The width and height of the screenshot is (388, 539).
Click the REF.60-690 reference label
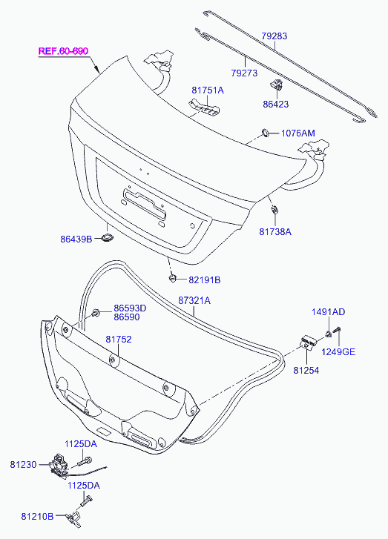pos(63,51)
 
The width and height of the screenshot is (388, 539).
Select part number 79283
pos(274,36)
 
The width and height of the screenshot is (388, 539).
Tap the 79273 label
pos(244,73)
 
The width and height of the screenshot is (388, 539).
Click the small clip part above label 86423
pos(277,84)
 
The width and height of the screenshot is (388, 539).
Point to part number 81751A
pos(208,90)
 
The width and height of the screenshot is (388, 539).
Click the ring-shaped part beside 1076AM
pos(266,133)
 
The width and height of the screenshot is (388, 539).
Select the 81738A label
pos(275,231)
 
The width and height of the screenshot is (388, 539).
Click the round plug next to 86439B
pos(108,237)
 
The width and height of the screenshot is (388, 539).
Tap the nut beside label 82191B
pos(172,278)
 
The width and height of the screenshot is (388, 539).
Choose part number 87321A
pos(194,300)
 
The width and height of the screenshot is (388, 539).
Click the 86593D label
pos(130,308)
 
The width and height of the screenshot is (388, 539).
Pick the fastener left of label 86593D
pos(96,313)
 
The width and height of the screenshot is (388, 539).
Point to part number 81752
pos(119,340)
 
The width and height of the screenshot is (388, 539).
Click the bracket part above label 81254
pos(307,343)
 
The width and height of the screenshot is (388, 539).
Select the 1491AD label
pos(328,312)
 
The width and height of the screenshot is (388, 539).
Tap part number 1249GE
pos(338,352)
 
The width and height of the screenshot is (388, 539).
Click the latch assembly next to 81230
pos(59,466)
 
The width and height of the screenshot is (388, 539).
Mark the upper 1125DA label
pos(81,444)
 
